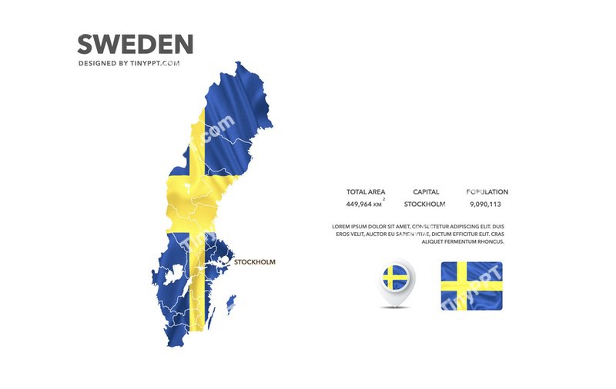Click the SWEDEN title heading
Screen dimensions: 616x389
click(135, 43)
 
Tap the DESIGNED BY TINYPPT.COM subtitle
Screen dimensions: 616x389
click(129, 64)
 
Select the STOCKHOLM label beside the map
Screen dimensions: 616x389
click(254, 262)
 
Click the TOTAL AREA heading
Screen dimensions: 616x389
click(366, 192)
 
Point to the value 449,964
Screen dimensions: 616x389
click(359, 204)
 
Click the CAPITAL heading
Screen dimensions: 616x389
click(426, 192)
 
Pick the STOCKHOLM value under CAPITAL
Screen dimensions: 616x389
click(425, 204)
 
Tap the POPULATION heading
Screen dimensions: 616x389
click(487, 192)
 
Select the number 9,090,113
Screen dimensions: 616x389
click(485, 204)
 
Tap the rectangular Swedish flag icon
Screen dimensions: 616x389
click(471, 285)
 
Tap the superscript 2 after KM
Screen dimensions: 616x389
click(384, 199)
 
